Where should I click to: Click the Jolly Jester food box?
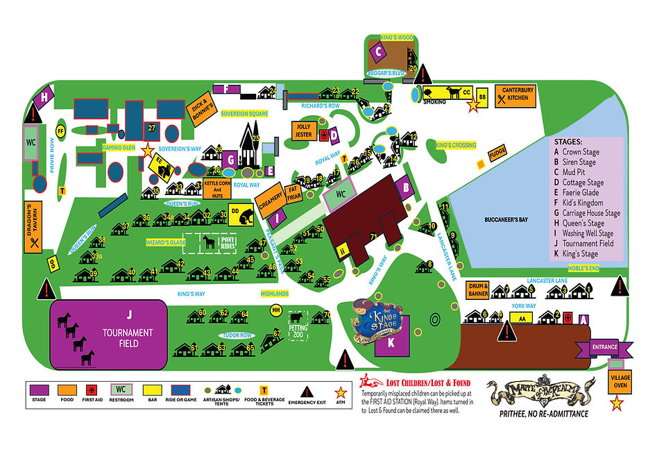coord(303,131)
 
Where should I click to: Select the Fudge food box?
coord(497,154)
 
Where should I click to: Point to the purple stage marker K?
coord(390,342)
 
